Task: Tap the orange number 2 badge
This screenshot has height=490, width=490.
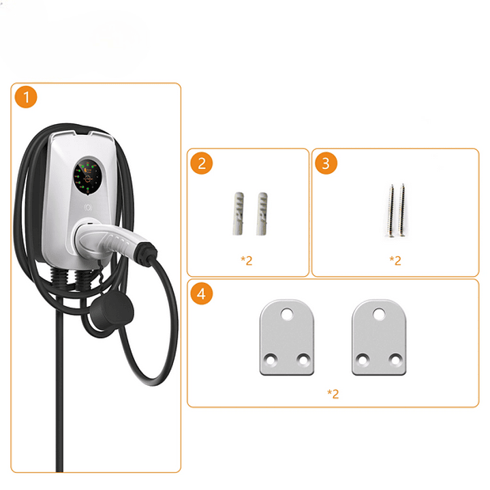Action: click(202, 163)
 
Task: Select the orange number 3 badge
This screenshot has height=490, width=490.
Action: click(326, 163)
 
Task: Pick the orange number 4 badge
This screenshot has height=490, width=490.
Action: click(202, 294)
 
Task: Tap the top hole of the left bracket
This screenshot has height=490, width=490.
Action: click(287, 314)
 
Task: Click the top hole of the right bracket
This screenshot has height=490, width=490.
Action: click(380, 314)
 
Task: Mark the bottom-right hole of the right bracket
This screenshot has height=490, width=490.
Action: click(395, 358)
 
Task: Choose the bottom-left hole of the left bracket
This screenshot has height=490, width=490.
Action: click(271, 358)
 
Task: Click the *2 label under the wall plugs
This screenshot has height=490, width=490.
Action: click(247, 260)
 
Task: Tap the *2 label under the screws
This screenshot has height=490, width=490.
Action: click(395, 260)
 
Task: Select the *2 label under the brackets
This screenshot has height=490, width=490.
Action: click(333, 393)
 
